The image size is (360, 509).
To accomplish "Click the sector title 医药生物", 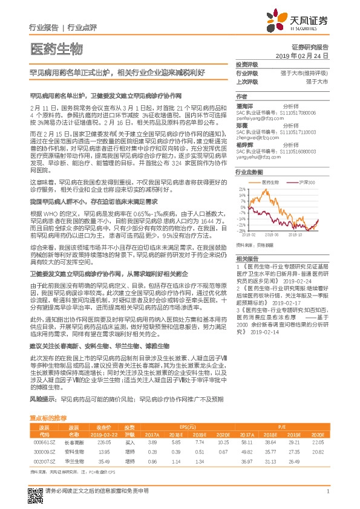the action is pos(56,49).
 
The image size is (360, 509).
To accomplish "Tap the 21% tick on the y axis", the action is pos(242,189).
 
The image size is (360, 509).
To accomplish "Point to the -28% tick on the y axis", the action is pos(241,230).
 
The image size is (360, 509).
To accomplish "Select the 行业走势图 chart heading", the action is pos(247,172).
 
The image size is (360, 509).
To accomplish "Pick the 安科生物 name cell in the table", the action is pos(74,451).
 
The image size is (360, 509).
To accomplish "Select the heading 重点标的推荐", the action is pos(48,418).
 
